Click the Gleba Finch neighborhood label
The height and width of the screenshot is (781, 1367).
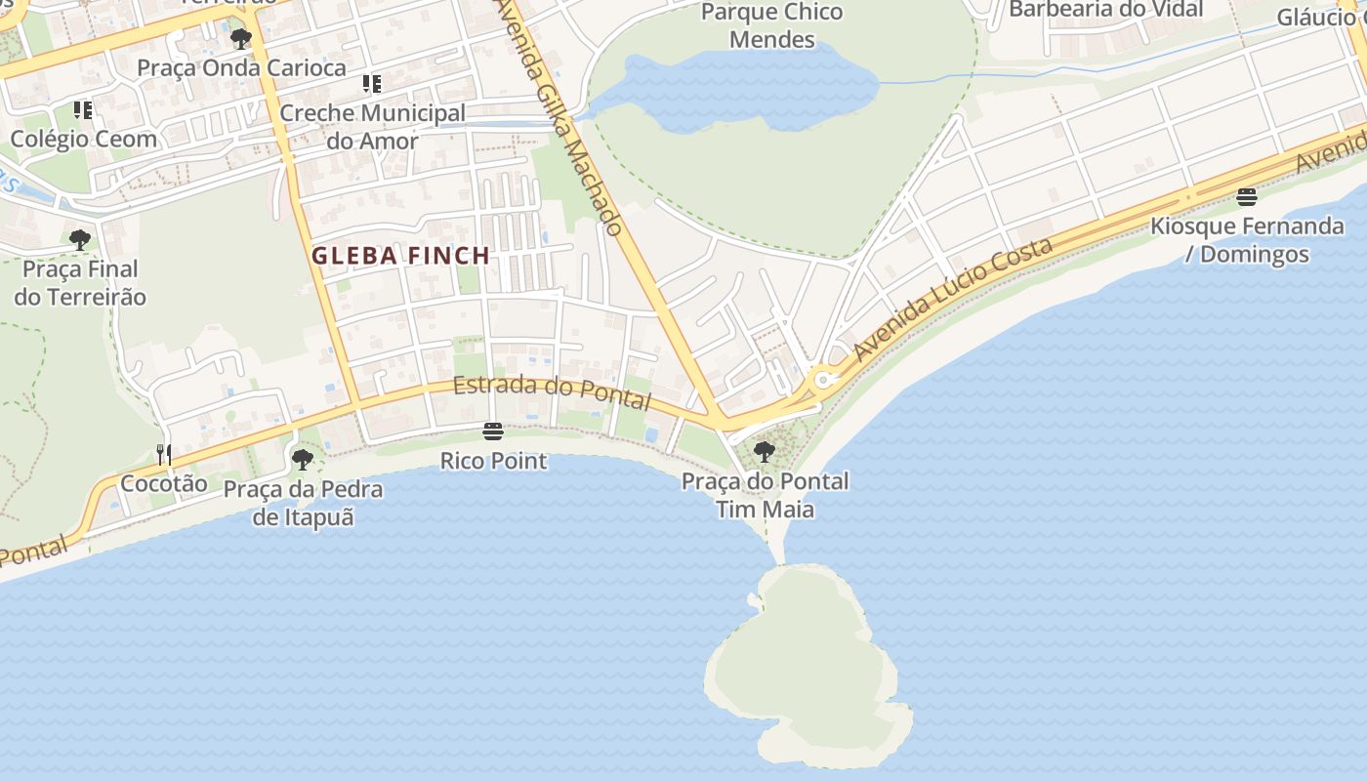tap(400, 256)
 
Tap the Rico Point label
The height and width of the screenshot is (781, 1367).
tap(493, 461)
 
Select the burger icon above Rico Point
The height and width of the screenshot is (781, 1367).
tap(493, 432)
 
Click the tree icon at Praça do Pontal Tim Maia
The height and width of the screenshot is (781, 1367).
tap(765, 451)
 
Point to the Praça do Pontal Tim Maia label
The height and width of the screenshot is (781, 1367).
tap(765, 495)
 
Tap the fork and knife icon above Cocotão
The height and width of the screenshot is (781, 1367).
tap(164, 454)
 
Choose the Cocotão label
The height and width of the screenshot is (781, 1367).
tap(164, 483)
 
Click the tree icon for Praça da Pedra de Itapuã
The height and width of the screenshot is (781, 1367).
tap(303, 459)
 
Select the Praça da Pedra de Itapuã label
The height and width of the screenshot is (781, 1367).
tap(303, 503)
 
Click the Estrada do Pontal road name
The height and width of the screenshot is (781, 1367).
tap(552, 391)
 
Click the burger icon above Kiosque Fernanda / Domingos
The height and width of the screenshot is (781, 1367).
tap(1246, 197)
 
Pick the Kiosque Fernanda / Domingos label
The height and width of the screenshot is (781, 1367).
tap(1246, 240)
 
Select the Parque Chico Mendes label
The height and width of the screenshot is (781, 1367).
tap(771, 26)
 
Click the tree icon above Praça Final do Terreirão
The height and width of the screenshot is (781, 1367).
tap(80, 239)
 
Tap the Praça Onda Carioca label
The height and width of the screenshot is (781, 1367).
tap(241, 67)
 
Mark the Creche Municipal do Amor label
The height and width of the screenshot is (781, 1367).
tap(372, 127)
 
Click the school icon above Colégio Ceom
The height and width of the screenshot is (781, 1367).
tap(83, 110)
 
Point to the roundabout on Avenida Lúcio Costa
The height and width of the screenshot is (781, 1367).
tap(823, 379)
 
